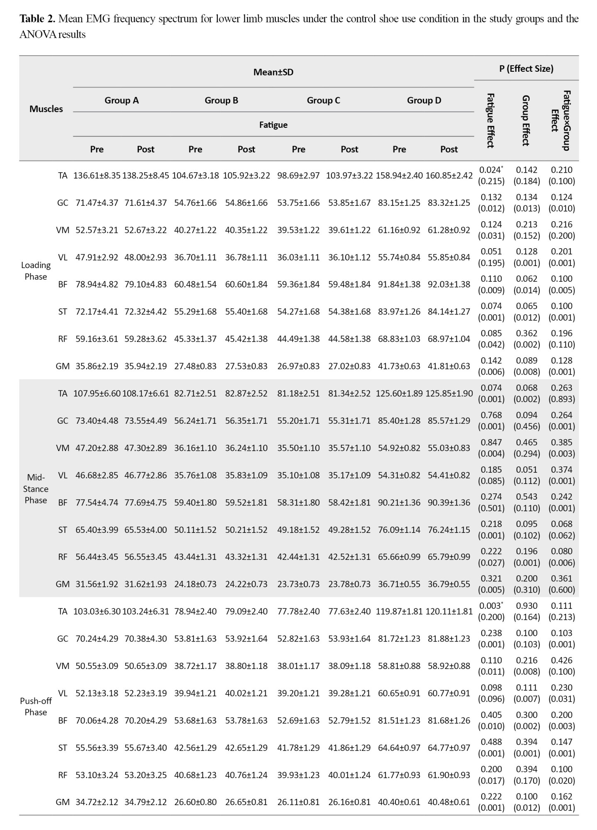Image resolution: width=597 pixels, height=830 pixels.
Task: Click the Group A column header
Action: tap(122, 100)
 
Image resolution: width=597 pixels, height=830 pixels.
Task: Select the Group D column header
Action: tap(424, 100)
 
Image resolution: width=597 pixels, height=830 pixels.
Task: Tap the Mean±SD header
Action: tap(273, 72)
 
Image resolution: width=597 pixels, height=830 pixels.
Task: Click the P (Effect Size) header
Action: tap(526, 68)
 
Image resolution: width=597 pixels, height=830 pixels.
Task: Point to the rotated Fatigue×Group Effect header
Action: tap(561, 120)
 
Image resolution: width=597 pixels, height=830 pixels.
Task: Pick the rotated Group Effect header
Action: tap(526, 120)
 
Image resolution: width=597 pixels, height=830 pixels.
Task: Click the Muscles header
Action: tap(46, 109)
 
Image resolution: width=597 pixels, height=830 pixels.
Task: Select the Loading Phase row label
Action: tap(36, 271)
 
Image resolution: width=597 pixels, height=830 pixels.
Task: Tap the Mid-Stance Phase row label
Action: tap(36, 488)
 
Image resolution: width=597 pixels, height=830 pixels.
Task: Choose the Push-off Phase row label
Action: tap(36, 706)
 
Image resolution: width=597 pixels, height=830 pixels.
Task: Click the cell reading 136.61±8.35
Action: tap(97, 176)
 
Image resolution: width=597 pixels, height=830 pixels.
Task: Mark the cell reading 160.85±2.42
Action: tap(449, 176)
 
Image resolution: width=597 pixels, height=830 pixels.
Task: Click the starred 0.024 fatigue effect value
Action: tap(491, 170)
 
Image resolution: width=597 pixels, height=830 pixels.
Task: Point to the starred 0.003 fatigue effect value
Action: tap(491, 606)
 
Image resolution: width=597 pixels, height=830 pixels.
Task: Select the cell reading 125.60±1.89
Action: tap(399, 393)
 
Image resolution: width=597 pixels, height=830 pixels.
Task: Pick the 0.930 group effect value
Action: tap(526, 606)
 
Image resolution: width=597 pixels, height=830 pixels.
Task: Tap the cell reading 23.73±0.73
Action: tap(298, 584)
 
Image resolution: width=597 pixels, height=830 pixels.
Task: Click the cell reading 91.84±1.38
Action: tap(399, 284)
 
